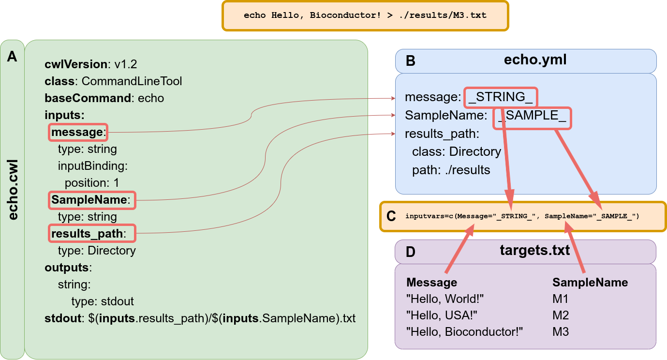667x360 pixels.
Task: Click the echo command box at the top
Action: click(x=365, y=15)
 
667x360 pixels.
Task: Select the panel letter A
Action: click(x=12, y=57)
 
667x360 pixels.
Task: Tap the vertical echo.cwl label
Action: click(x=13, y=189)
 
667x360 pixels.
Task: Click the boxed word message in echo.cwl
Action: click(x=77, y=132)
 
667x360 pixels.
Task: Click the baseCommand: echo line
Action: click(x=104, y=98)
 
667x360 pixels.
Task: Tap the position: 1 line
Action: click(x=91, y=183)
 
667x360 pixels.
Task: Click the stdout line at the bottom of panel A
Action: click(x=200, y=318)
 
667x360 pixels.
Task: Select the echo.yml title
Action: click(x=535, y=60)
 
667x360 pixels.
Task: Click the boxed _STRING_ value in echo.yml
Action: click(x=501, y=97)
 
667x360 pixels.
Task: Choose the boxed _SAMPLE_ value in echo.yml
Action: click(x=532, y=118)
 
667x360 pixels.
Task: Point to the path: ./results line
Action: click(x=451, y=170)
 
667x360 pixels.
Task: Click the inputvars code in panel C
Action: click(x=522, y=216)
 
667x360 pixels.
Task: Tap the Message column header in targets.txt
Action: click(x=431, y=282)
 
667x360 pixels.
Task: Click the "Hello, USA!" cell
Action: click(x=442, y=315)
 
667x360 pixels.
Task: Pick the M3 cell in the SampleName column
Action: click(x=561, y=332)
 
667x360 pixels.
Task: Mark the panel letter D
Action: click(x=410, y=252)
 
